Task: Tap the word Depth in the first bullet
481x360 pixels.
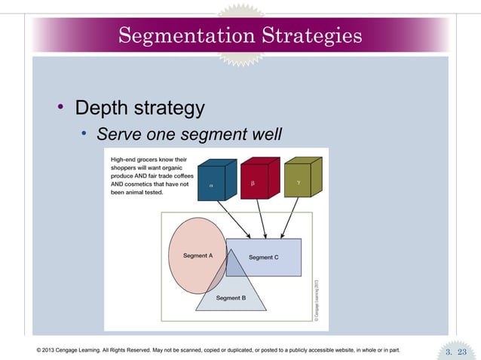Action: [103, 108]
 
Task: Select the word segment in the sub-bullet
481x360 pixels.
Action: [204, 135]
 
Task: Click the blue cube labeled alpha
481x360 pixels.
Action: [214, 182]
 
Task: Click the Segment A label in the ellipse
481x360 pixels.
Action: [198, 256]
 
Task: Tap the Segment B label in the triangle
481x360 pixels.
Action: [231, 298]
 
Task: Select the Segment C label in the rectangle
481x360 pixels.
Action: [264, 258]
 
